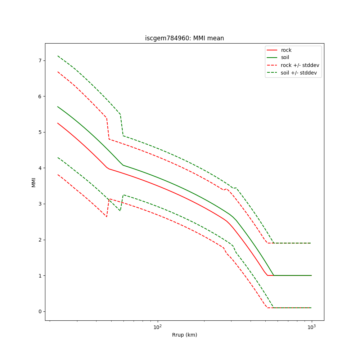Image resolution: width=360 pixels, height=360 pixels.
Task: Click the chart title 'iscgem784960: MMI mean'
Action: [184, 38]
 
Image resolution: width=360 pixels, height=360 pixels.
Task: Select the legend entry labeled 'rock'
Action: [286, 50]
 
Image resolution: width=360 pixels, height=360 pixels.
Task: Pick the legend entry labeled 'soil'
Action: [286, 58]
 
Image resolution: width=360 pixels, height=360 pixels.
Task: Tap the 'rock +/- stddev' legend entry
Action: [300, 65]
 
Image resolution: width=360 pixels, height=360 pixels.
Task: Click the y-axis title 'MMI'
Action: [34, 182]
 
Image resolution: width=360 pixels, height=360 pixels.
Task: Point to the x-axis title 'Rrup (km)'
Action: [184, 335]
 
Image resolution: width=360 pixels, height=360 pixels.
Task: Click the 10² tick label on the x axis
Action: [157, 327]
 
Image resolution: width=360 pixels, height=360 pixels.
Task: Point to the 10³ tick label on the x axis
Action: [311, 327]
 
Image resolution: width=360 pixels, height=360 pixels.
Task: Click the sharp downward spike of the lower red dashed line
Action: [107, 217]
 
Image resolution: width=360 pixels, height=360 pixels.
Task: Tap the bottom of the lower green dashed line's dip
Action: [120, 211]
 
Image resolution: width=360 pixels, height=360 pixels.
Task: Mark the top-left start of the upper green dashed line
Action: [58, 56]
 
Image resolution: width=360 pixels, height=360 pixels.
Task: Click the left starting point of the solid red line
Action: [58, 123]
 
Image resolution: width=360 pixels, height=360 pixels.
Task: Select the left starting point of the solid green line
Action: [58, 107]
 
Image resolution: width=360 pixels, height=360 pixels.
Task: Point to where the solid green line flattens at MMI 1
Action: [274, 275]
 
